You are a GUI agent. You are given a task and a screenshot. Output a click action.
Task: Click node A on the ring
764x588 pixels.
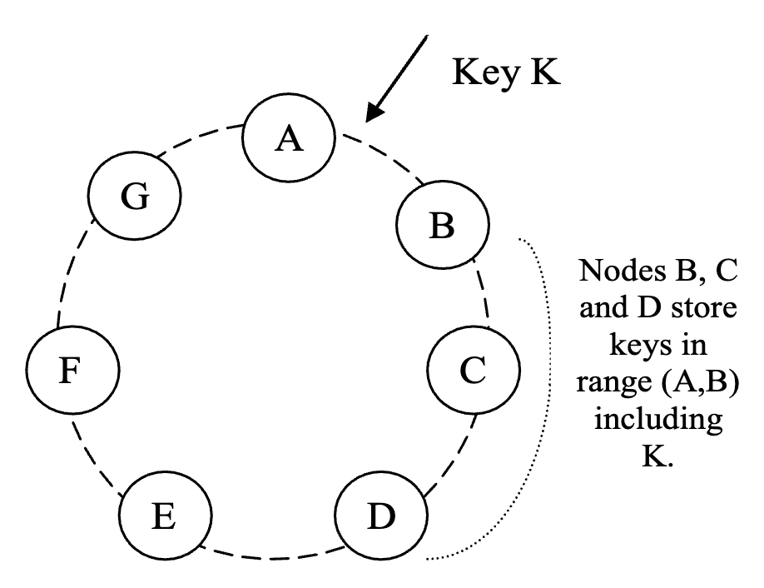point(289,140)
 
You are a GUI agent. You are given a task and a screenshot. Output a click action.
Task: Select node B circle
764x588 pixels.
point(441,226)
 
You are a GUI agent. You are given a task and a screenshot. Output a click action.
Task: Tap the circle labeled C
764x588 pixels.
point(473,371)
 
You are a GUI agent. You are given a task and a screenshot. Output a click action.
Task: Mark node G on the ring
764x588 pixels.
point(134,197)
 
